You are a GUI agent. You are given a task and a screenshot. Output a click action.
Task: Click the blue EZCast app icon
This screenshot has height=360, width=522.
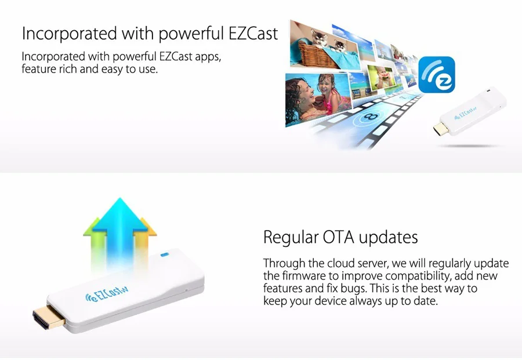(x=436, y=75)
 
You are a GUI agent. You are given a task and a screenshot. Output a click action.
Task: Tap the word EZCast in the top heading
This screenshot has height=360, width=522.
(x=253, y=34)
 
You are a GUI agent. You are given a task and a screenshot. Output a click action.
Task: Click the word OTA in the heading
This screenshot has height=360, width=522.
(x=338, y=237)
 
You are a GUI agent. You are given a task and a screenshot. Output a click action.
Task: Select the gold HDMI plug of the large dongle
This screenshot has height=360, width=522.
(x=49, y=317)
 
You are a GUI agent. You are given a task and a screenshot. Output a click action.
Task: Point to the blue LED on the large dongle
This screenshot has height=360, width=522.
(x=165, y=255)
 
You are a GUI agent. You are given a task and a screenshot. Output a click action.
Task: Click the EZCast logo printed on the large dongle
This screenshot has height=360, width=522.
(x=107, y=293)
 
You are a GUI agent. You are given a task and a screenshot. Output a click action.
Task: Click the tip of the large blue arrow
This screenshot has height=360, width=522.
(x=120, y=198)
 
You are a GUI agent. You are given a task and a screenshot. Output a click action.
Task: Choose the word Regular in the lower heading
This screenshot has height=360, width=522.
(x=291, y=238)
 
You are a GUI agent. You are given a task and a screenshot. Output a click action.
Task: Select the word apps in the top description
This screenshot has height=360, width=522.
(x=208, y=57)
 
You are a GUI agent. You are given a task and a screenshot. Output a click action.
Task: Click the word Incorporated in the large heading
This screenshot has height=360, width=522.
(x=70, y=34)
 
